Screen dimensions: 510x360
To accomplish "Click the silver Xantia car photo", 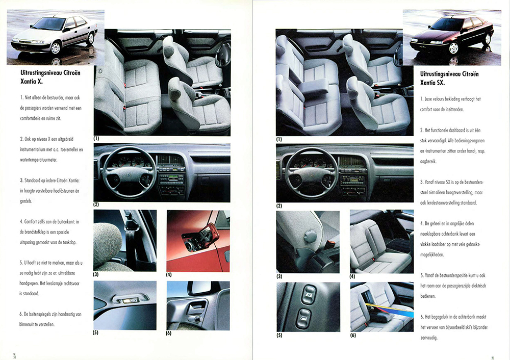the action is coord(55,37).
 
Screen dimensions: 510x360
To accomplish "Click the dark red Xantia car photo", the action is coord(452,37).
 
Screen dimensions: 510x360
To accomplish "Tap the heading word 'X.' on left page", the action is coord(40,82).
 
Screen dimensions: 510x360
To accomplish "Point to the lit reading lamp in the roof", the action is coord(130,300).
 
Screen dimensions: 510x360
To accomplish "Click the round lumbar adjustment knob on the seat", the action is coord(310,236).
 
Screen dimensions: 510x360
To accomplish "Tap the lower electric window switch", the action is coord(303,317).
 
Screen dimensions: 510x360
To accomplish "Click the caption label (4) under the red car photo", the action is coord(169,274).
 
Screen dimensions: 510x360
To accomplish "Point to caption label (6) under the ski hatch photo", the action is coord(353,335).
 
